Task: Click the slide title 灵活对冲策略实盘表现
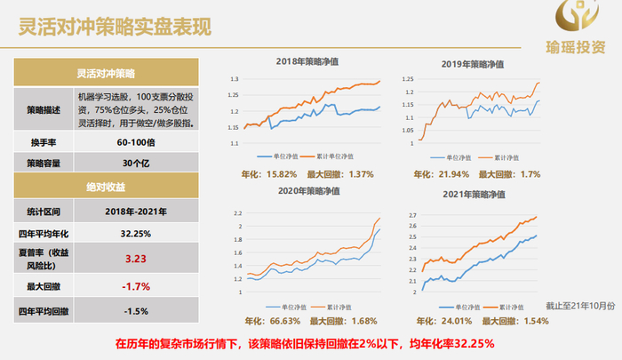pos(116,27)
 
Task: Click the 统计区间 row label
pos(42,212)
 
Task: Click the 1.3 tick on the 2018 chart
pos(235,80)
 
